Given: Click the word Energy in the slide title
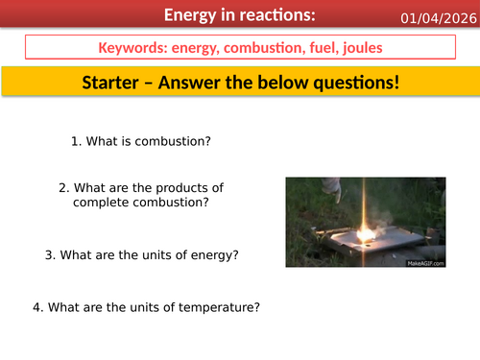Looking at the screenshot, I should pyautogui.click(x=193, y=15).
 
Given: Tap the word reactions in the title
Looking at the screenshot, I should pyautogui.click(x=270, y=15).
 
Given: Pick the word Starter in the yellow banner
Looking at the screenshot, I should pyautogui.click(x=116, y=83).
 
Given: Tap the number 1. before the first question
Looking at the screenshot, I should pyautogui.click(x=77, y=141).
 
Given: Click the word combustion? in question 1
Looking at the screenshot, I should pyautogui.click(x=178, y=141).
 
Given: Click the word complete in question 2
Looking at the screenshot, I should pyautogui.click(x=100, y=203).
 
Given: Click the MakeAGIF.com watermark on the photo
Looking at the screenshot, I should pyautogui.click(x=425, y=261).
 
